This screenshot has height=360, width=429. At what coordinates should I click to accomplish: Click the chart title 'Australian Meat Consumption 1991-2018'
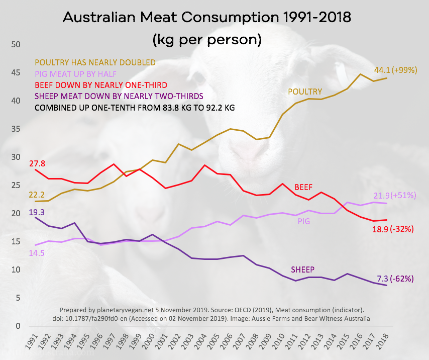point(206,18)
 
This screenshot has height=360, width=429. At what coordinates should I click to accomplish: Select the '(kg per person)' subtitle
point(206,39)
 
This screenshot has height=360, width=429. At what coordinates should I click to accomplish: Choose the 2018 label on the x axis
point(386,343)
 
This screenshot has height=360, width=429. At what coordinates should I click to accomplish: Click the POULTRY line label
point(304,92)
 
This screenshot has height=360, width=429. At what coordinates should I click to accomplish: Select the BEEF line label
point(303,188)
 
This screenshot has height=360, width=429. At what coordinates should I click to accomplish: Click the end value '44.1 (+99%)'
point(395,70)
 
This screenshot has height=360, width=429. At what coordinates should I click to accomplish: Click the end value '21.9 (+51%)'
point(395,195)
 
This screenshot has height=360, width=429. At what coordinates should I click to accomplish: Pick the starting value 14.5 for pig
point(37,253)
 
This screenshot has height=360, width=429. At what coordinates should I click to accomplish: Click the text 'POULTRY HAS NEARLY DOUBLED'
point(95,62)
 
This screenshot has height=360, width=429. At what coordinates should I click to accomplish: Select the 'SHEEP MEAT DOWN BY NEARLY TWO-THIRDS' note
point(112,96)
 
